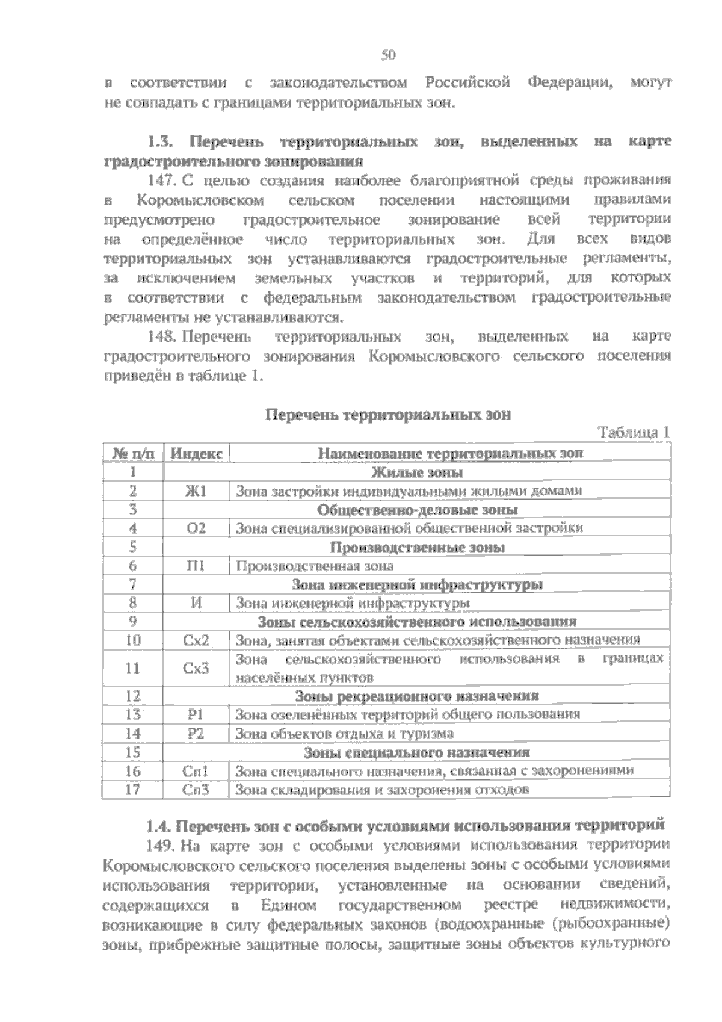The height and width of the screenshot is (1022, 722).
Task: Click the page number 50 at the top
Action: (388, 56)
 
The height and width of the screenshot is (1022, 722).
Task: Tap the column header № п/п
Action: (133, 453)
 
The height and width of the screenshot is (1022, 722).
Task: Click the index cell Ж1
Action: (196, 491)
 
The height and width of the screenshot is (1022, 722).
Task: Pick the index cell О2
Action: (196, 528)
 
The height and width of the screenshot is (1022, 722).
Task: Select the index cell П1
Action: (196, 566)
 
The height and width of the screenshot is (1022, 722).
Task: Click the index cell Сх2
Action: (196, 640)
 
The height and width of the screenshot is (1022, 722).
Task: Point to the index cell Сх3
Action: (196, 667)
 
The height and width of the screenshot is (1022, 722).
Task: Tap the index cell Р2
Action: (196, 733)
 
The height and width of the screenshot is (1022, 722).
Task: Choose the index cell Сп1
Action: (196, 771)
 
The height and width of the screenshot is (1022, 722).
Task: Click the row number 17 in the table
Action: (133, 790)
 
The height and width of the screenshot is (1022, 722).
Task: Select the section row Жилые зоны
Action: (417, 472)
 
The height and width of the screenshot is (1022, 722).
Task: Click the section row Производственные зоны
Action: (417, 547)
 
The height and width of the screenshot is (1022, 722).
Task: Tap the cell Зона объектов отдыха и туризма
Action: (344, 733)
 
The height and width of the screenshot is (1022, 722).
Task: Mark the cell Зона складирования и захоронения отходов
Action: (382, 790)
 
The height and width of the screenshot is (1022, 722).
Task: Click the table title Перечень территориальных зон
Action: (388, 415)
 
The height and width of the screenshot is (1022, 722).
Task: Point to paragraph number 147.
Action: (161, 181)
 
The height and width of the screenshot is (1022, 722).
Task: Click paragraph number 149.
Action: (161, 846)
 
